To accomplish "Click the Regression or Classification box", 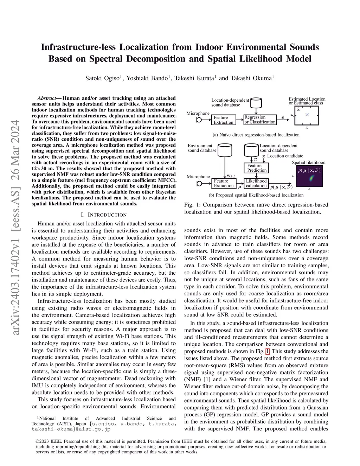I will click(x=260, y=120).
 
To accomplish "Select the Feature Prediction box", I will click(x=256, y=168).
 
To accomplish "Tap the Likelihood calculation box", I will click(x=256, y=183).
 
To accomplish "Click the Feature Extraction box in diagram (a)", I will click(x=223, y=120).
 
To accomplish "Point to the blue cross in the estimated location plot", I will click(x=307, y=115).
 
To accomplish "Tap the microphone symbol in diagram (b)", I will click(x=199, y=183).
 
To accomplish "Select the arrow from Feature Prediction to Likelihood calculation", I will click(x=256, y=176).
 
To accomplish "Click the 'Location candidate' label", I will click(x=285, y=156).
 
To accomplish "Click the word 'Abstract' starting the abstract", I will click(x=46, y=98).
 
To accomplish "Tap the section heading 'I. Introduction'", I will click(x=104, y=215).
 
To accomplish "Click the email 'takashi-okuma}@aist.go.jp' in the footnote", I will click(x=71, y=429).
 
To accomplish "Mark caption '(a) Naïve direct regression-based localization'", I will click(x=256, y=135).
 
